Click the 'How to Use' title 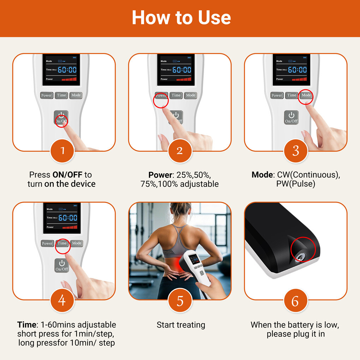tap(181, 17)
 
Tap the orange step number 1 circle tap(62, 151)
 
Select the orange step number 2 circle tap(180, 151)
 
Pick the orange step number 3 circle tap(296, 151)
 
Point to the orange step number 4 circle tap(62, 300)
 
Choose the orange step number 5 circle tap(180, 300)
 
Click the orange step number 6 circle tap(296, 300)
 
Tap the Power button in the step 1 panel tap(47, 95)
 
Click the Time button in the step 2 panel tap(176, 95)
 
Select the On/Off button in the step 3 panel tap(291, 117)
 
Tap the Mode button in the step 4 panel tap(77, 243)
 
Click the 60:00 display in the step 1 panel tap(67, 70)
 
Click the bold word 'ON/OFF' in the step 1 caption tap(67, 175)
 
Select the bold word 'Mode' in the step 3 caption tap(262, 175)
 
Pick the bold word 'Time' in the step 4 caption tap(26, 325)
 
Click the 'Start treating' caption tap(181, 325)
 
